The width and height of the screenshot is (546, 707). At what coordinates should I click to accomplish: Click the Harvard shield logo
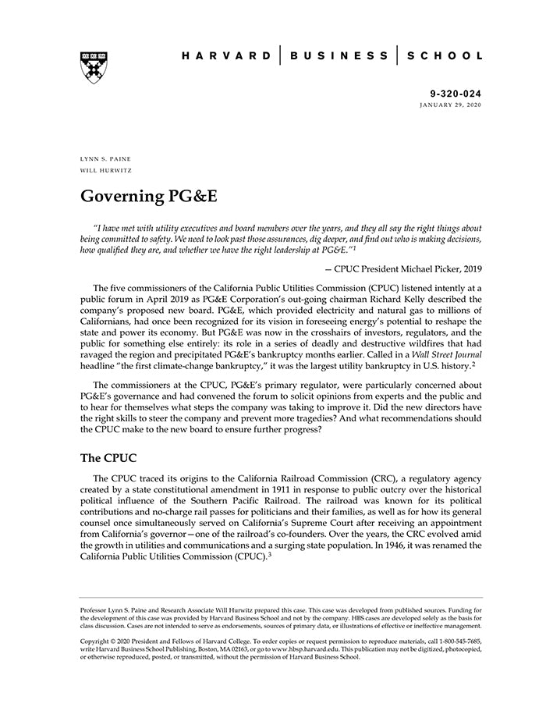click(x=94, y=67)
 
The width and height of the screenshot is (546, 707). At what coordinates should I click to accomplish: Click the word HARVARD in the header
click(x=226, y=56)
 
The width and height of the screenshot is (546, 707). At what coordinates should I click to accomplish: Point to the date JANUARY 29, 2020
click(x=450, y=105)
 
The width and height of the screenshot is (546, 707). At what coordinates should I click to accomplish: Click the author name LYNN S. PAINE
click(x=106, y=158)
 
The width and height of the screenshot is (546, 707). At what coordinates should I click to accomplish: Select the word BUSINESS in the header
click(x=339, y=56)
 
